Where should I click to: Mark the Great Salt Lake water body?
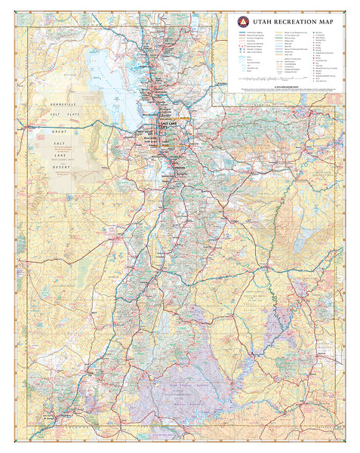(106, 83)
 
